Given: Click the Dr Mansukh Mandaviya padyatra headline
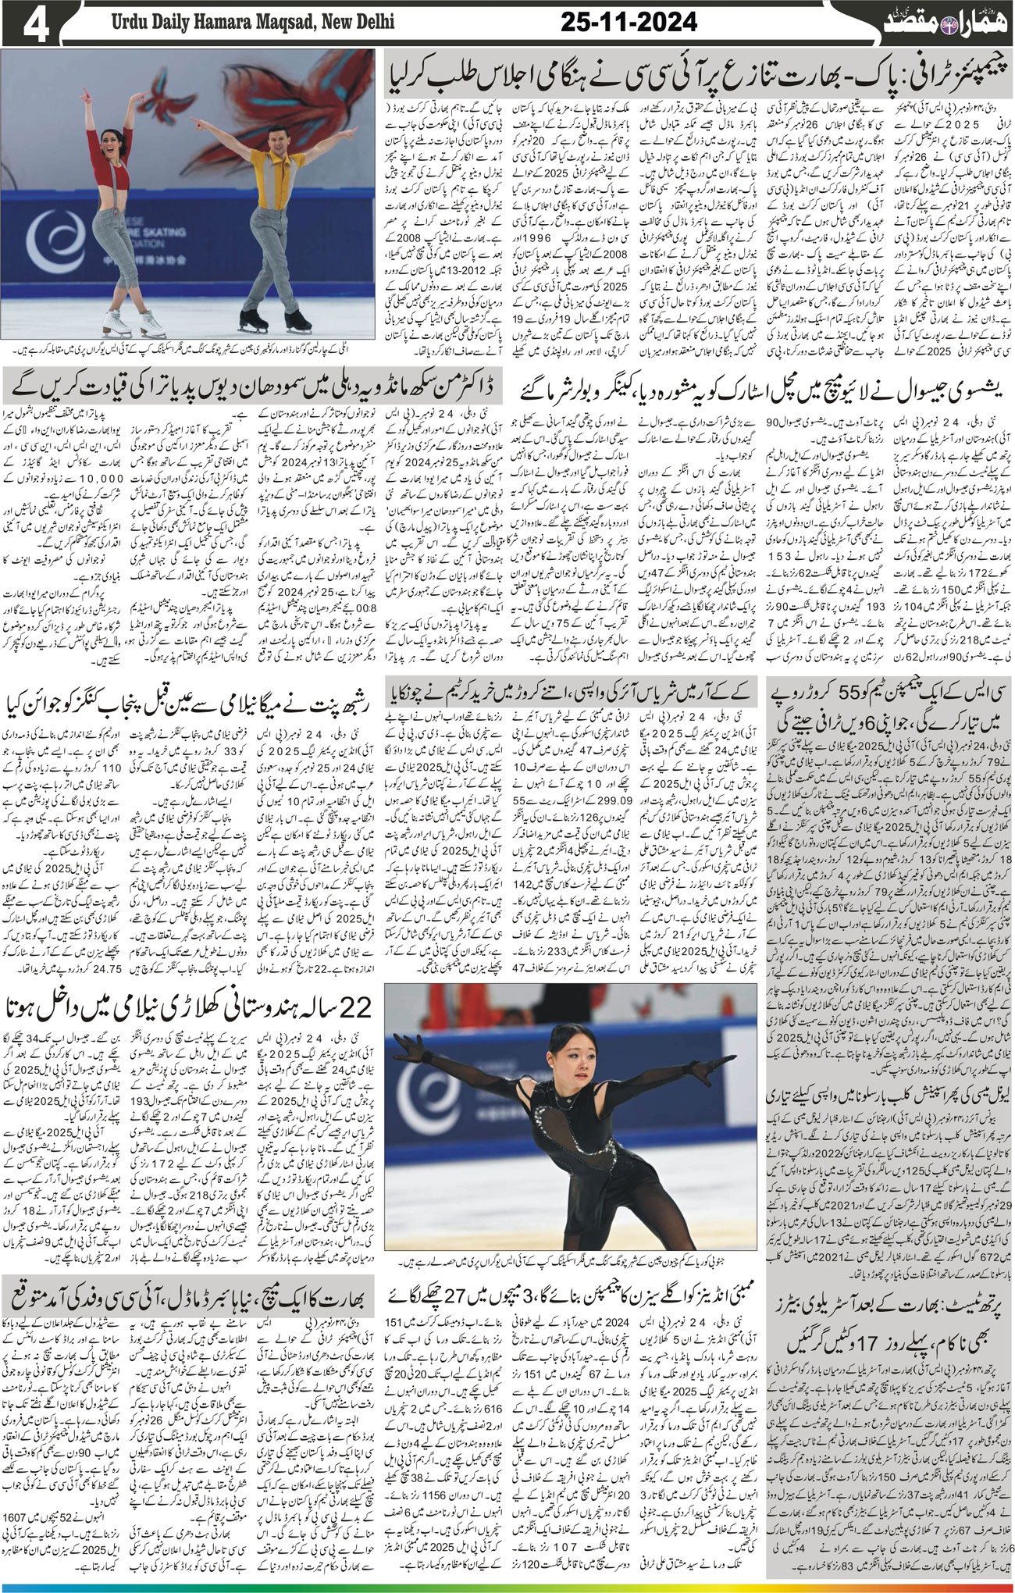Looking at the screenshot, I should (251, 385).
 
